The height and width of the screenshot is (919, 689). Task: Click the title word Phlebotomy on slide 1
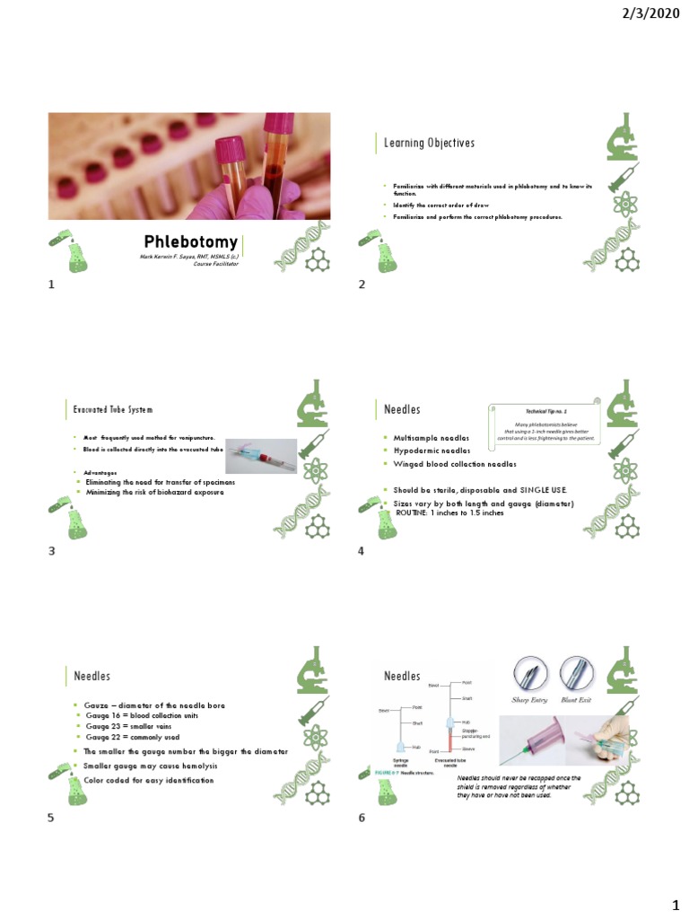[191, 242]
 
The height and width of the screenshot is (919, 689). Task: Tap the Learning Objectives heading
[429, 144]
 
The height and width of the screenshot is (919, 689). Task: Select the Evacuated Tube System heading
[113, 409]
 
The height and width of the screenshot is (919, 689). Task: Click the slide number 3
[52, 550]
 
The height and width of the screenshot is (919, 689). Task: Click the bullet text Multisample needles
[425, 437]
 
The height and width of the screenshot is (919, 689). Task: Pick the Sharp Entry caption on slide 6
[530, 698]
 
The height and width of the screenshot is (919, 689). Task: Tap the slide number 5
[52, 818]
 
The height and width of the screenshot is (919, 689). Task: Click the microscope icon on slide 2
[623, 144]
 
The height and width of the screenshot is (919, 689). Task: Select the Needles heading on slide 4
[402, 409]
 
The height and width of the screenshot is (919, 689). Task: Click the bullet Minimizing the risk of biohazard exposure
[153, 493]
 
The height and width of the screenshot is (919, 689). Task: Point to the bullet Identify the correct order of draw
[434, 206]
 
